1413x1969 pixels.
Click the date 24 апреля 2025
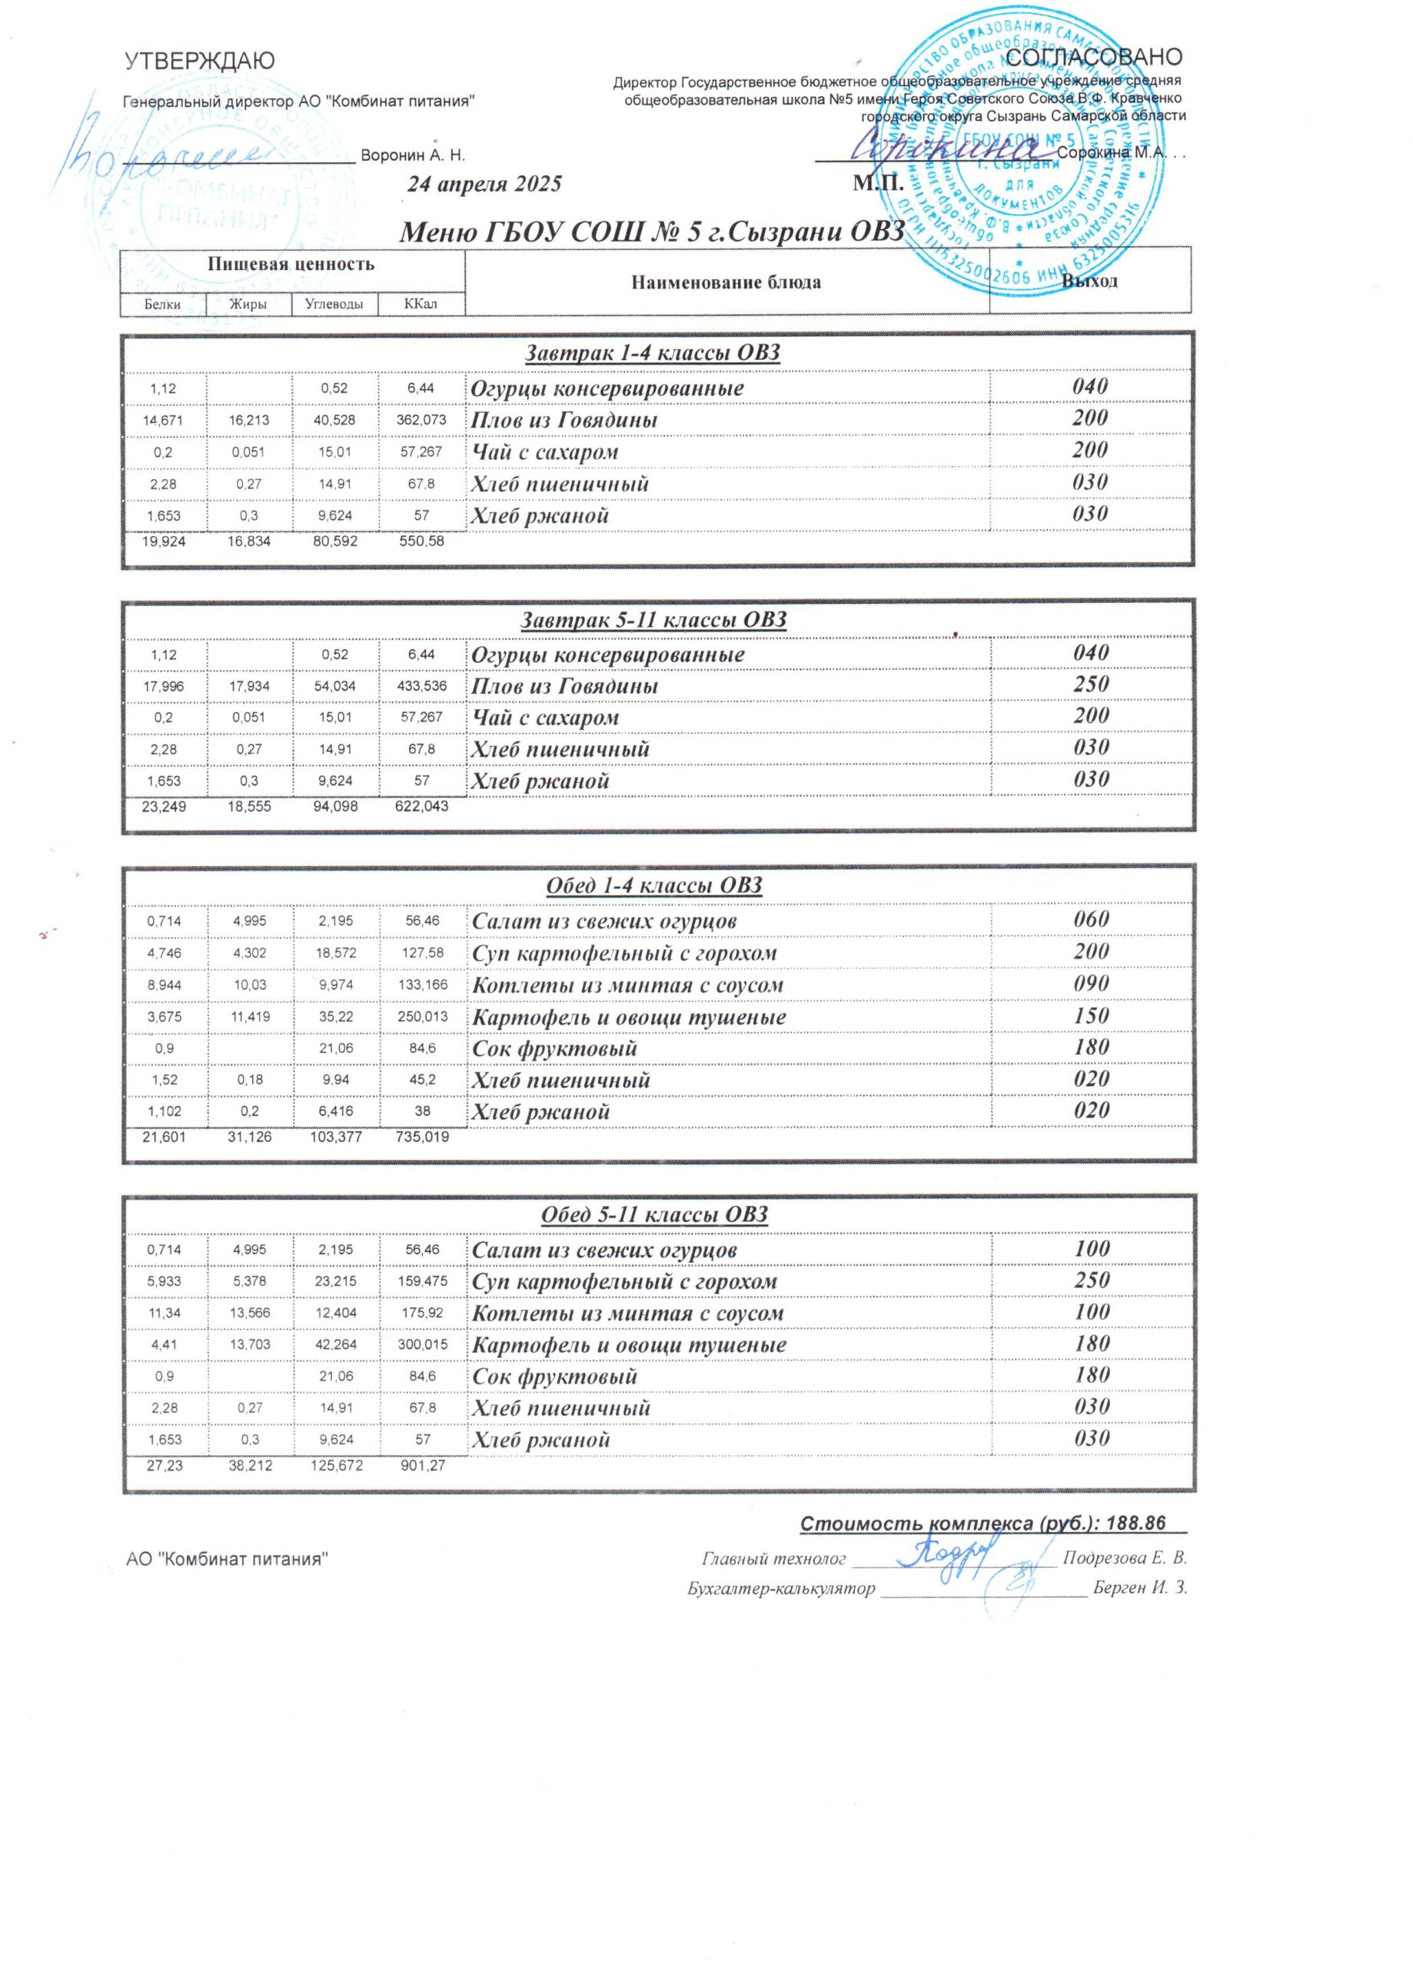[x=485, y=184]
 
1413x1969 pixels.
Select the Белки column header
[x=163, y=304]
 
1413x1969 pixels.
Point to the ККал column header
[x=421, y=304]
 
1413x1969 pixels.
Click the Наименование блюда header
[x=726, y=282]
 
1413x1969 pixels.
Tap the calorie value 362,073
[x=422, y=420]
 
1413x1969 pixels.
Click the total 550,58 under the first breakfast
[x=422, y=541]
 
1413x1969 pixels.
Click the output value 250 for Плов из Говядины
[x=1090, y=684]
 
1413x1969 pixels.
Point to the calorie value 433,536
[x=422, y=687]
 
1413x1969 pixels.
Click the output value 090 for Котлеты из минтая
[x=1090, y=984]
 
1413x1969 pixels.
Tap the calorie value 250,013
[x=422, y=1018]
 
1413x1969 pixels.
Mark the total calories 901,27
[x=422, y=1466]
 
